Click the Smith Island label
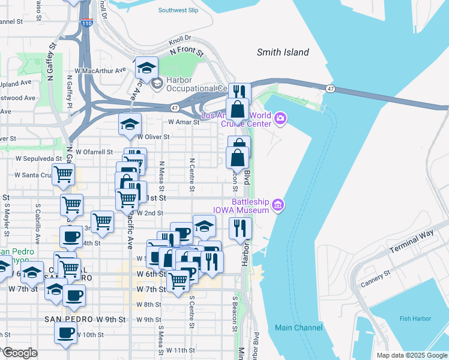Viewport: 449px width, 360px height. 283,52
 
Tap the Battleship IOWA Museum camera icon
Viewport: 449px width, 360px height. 277,205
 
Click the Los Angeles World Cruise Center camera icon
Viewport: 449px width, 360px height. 280,119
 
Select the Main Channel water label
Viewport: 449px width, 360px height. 298,328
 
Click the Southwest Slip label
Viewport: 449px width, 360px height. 178,10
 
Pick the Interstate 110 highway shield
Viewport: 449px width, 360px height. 87,23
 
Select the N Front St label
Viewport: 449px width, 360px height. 187,53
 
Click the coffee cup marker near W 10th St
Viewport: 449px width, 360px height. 65,332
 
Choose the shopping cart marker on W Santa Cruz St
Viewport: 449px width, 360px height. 63,174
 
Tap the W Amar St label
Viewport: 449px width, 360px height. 183,122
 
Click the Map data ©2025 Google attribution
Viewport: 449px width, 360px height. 411,355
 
